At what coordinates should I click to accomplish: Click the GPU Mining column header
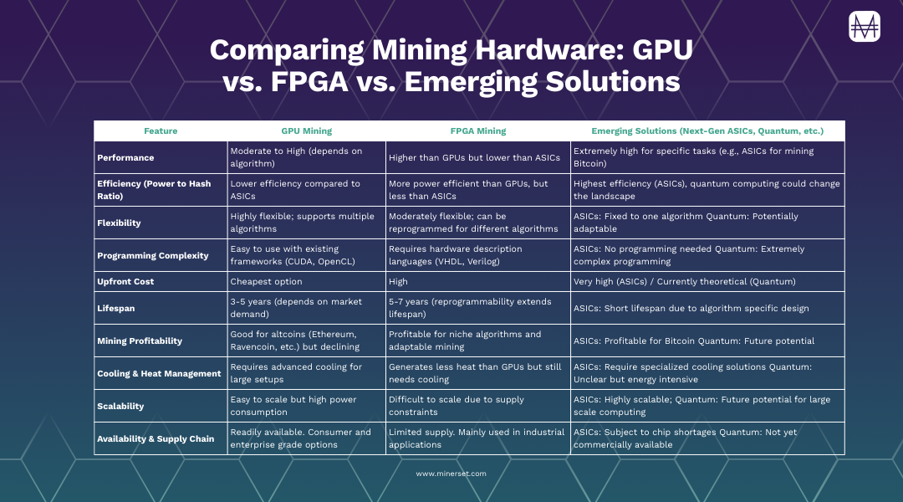[x=306, y=131]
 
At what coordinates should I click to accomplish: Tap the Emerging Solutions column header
[x=707, y=131]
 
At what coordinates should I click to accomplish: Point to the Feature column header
[x=161, y=131]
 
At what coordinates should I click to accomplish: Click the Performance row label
[x=125, y=157]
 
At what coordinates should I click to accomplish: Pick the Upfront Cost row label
[x=125, y=282]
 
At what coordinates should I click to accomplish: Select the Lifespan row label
[x=115, y=309]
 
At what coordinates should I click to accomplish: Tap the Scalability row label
[x=120, y=406]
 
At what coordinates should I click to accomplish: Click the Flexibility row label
[x=119, y=223]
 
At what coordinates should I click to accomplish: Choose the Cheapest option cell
[x=267, y=282]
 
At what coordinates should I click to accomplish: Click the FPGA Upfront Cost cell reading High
[x=399, y=282]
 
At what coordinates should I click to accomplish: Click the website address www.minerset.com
[x=451, y=474]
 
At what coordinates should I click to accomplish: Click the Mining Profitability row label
[x=140, y=341]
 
